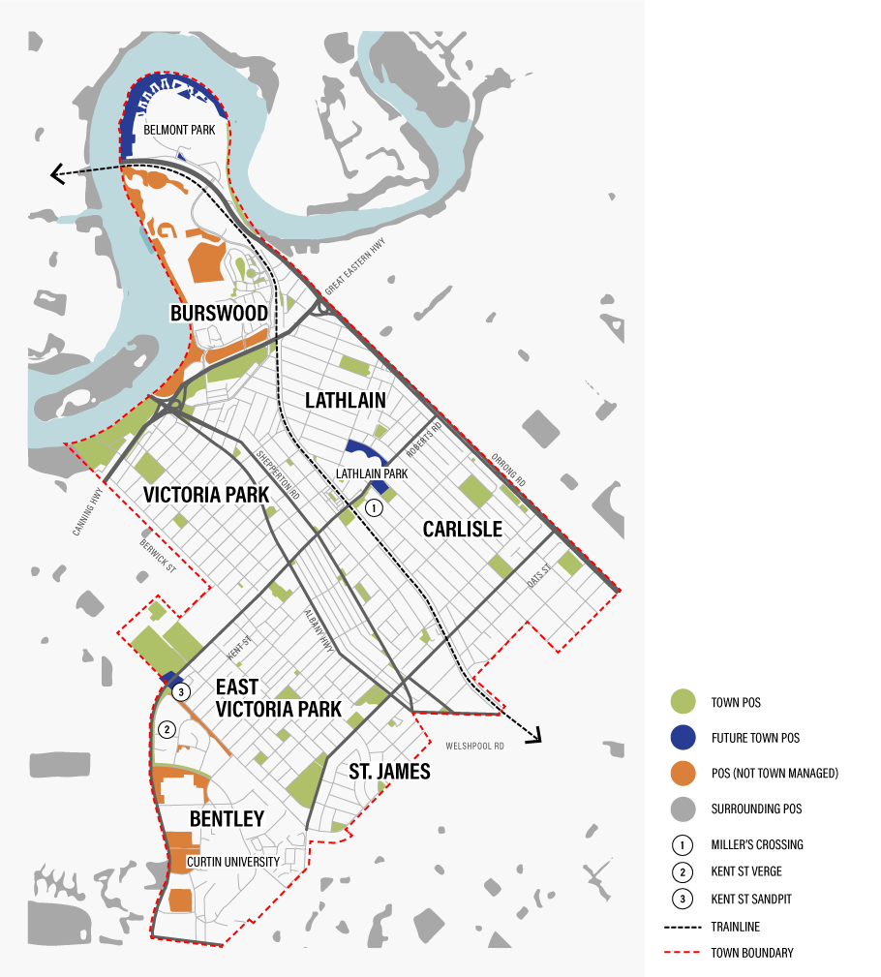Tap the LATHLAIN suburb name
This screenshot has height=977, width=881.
click(346, 400)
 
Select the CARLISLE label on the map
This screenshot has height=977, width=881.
click(462, 529)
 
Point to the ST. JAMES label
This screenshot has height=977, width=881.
click(389, 772)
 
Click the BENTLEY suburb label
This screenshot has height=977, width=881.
click(227, 819)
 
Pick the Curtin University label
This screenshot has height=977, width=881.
click(233, 862)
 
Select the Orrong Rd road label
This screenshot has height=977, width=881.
click(506, 469)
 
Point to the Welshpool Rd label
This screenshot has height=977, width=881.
click(475, 747)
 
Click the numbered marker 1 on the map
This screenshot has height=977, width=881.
click(376, 506)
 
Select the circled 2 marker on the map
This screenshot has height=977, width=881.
click(167, 729)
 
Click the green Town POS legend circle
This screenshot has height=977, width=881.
click(684, 701)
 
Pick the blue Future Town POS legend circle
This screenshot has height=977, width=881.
click(684, 737)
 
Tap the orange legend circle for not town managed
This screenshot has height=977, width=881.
click(684, 773)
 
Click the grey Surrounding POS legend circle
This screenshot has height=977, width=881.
click(684, 809)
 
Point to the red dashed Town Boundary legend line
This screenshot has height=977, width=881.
click(684, 953)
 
